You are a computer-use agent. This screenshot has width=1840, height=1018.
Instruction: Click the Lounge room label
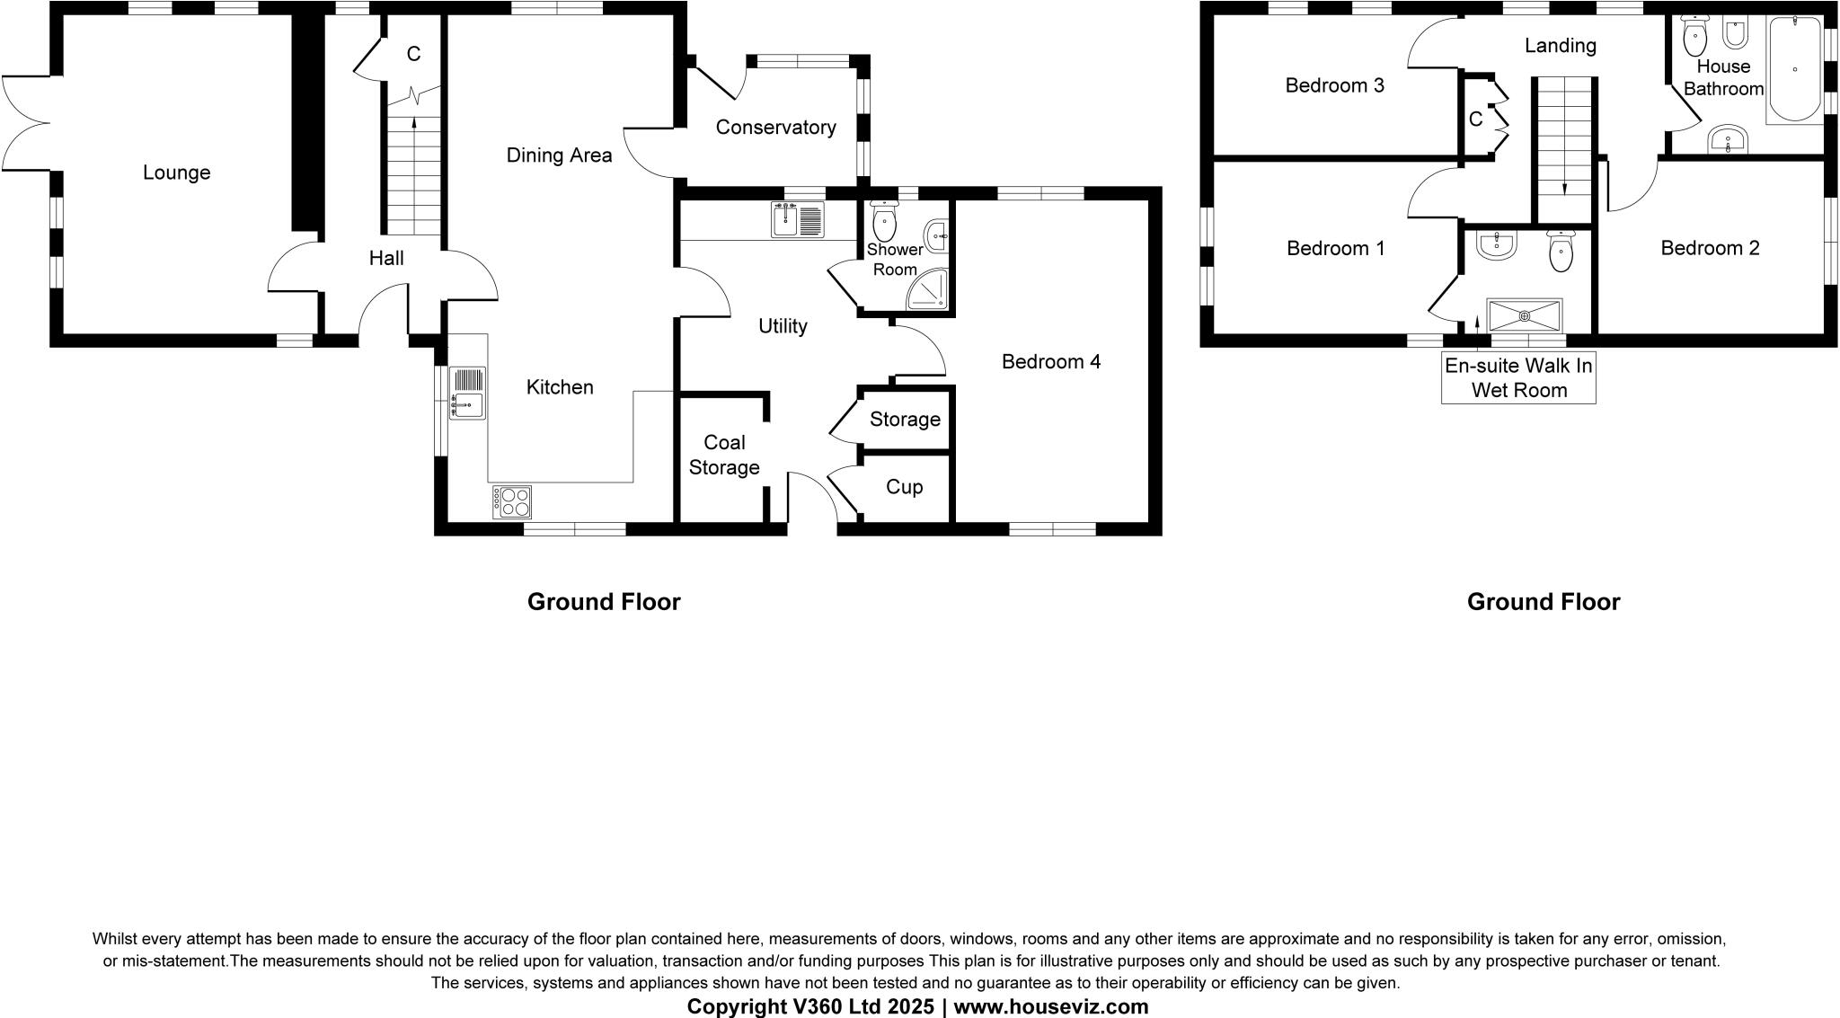pyautogui.click(x=176, y=173)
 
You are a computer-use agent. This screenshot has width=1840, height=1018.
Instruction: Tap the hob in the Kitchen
pyautogui.click(x=512, y=501)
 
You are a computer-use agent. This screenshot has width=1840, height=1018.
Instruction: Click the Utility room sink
pyautogui.click(x=797, y=220)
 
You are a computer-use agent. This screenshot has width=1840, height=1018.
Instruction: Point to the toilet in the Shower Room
pyautogui.click(x=885, y=217)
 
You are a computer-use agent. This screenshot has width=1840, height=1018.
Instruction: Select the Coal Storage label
pyautogui.click(x=724, y=455)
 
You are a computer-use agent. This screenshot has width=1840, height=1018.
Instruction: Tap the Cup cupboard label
pyautogui.click(x=904, y=487)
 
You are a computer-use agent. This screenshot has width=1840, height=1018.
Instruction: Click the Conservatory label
pyautogui.click(x=775, y=128)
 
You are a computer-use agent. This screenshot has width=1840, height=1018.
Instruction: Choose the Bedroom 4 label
pyautogui.click(x=1050, y=362)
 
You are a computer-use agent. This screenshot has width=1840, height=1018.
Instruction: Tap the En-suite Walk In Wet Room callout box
pyautogui.click(x=1518, y=378)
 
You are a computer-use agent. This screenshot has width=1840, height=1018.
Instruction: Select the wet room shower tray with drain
pyautogui.click(x=1525, y=315)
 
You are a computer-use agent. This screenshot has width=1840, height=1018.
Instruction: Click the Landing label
pyautogui.click(x=1560, y=46)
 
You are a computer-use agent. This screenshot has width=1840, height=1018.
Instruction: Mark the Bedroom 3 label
pyautogui.click(x=1334, y=86)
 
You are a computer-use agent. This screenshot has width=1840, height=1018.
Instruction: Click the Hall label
pyautogui.click(x=386, y=259)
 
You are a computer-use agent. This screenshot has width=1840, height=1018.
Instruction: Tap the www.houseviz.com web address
pyautogui.click(x=1050, y=1006)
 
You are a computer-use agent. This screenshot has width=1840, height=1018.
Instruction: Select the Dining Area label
pyautogui.click(x=559, y=155)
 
